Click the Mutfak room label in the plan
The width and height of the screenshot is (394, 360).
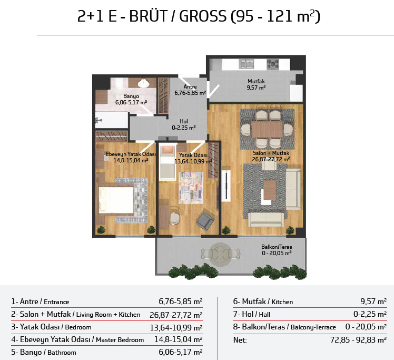click(256, 81)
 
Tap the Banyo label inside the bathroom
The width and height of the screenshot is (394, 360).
click(131, 96)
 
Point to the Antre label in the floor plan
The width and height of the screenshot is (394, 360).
click(190, 87)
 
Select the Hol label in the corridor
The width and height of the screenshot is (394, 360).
click(184, 121)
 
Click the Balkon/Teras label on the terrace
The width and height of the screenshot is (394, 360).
click(277, 247)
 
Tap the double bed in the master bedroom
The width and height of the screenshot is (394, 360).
click(116, 200)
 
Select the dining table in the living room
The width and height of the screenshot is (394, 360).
click(267, 130)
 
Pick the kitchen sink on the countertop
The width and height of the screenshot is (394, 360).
click(247, 64)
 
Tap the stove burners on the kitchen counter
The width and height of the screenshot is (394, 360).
click(273, 64)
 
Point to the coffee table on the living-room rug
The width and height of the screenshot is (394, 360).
click(270, 190)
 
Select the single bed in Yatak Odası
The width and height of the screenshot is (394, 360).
click(168, 162)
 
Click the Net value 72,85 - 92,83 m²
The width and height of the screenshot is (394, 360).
click(358, 340)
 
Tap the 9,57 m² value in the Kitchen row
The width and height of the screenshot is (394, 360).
click(373, 301)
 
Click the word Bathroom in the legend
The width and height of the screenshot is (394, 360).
click(62, 353)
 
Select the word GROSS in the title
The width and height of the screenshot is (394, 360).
click(203, 16)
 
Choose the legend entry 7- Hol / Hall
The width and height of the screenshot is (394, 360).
click(252, 314)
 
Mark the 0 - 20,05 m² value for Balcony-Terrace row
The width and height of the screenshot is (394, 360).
click(366, 327)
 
